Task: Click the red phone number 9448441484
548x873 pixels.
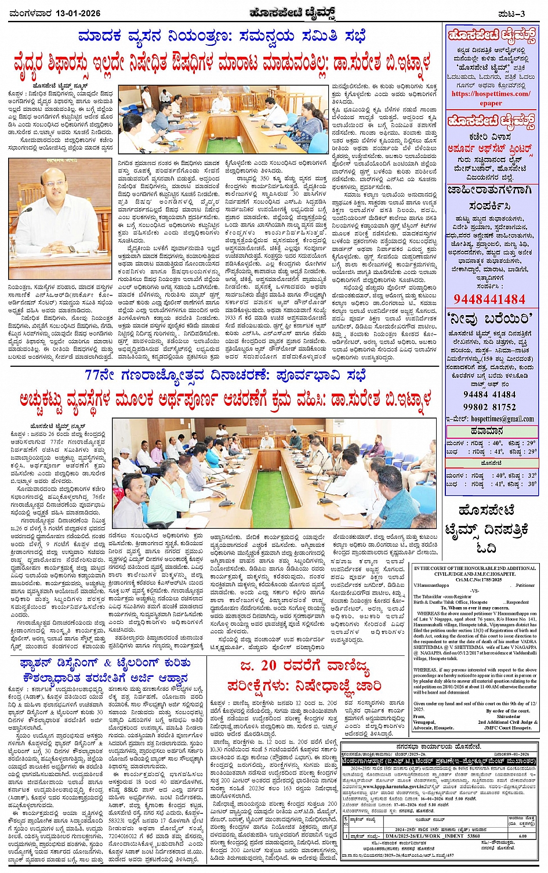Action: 489,299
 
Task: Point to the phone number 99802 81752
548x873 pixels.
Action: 489,407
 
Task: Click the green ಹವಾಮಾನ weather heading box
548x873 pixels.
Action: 491,431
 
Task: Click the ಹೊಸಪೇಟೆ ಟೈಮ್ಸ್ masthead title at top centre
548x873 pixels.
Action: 274,12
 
